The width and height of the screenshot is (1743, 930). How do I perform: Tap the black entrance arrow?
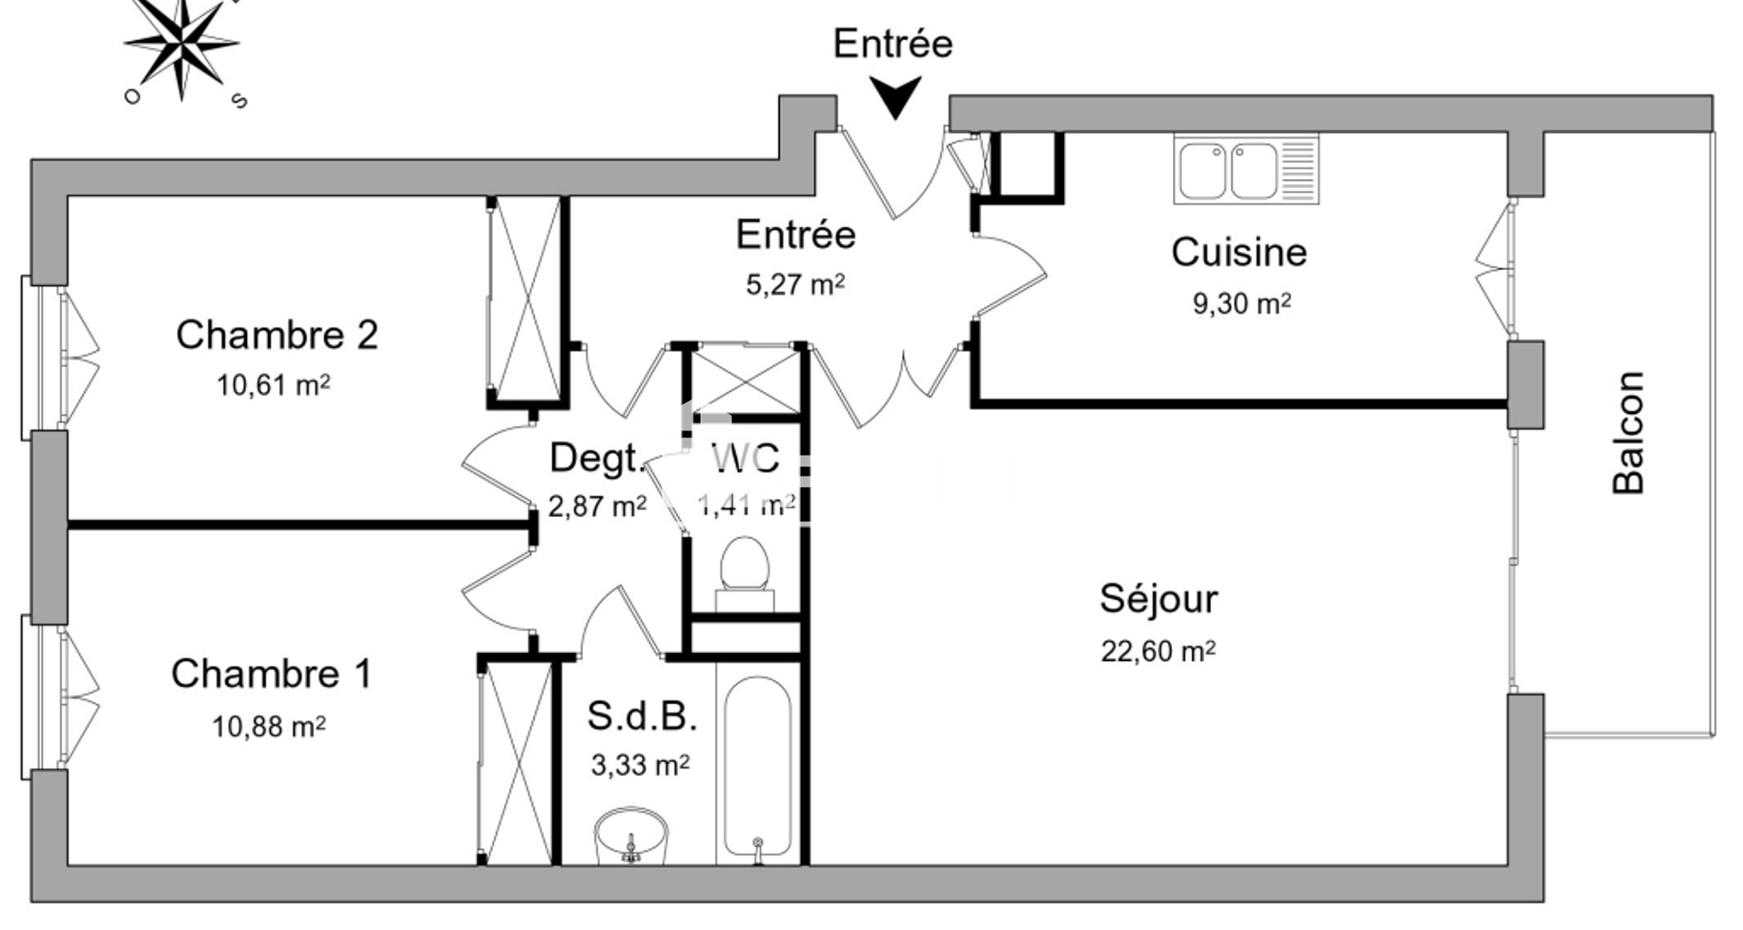pyautogui.click(x=895, y=96)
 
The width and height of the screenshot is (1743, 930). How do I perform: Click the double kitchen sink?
pyautogui.click(x=1246, y=170)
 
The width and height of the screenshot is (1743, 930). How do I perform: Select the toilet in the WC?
pyautogui.click(x=744, y=568)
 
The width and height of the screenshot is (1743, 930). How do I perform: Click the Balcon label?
pyautogui.click(x=1629, y=432)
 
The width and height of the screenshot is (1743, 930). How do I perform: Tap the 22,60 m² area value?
pyautogui.click(x=1157, y=651)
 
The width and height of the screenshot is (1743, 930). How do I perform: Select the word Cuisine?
pyautogui.click(x=1238, y=252)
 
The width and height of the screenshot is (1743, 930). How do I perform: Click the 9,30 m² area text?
pyautogui.click(x=1241, y=303)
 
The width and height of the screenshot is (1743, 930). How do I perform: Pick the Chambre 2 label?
pyautogui.click(x=277, y=335)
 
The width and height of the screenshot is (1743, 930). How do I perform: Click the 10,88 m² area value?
pyautogui.click(x=269, y=727)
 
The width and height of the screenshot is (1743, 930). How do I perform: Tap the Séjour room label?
pyautogui.click(x=1158, y=599)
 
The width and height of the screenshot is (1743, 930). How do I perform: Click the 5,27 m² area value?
pyautogui.click(x=795, y=285)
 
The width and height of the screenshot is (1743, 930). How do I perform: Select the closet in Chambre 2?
pyautogui.click(x=525, y=300)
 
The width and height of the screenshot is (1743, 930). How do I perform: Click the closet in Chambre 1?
pyautogui.click(x=515, y=763)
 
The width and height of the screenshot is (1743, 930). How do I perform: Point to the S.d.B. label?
pyautogui.click(x=642, y=716)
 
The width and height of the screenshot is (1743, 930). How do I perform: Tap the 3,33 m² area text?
pyautogui.click(x=640, y=766)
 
